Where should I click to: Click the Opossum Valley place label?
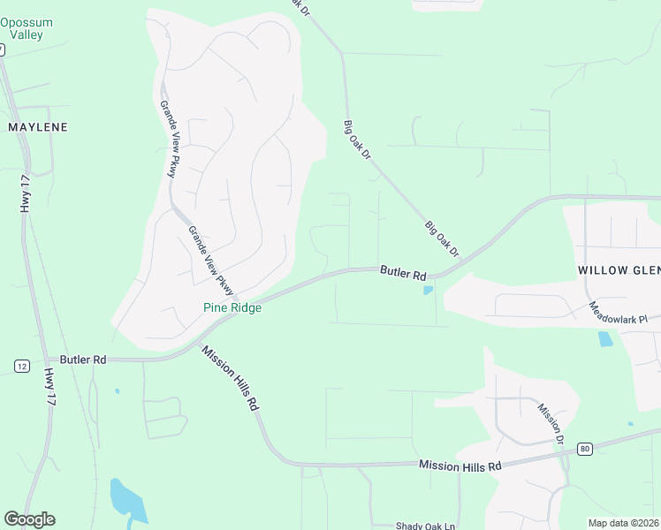click(27, 28)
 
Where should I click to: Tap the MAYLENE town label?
click(38, 127)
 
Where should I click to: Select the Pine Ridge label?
click(232, 308)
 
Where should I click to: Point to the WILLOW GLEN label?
click(619, 269)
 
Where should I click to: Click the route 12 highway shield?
click(22, 366)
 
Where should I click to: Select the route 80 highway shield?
click(585, 449)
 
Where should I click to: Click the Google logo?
click(29, 519)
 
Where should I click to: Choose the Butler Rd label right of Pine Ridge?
click(404, 274)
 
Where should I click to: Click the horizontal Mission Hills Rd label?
click(460, 466)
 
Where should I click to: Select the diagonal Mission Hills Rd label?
click(230, 377)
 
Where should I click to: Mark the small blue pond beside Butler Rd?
click(429, 290)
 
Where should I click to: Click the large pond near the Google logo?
click(126, 500)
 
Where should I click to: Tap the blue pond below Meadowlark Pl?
click(605, 339)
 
